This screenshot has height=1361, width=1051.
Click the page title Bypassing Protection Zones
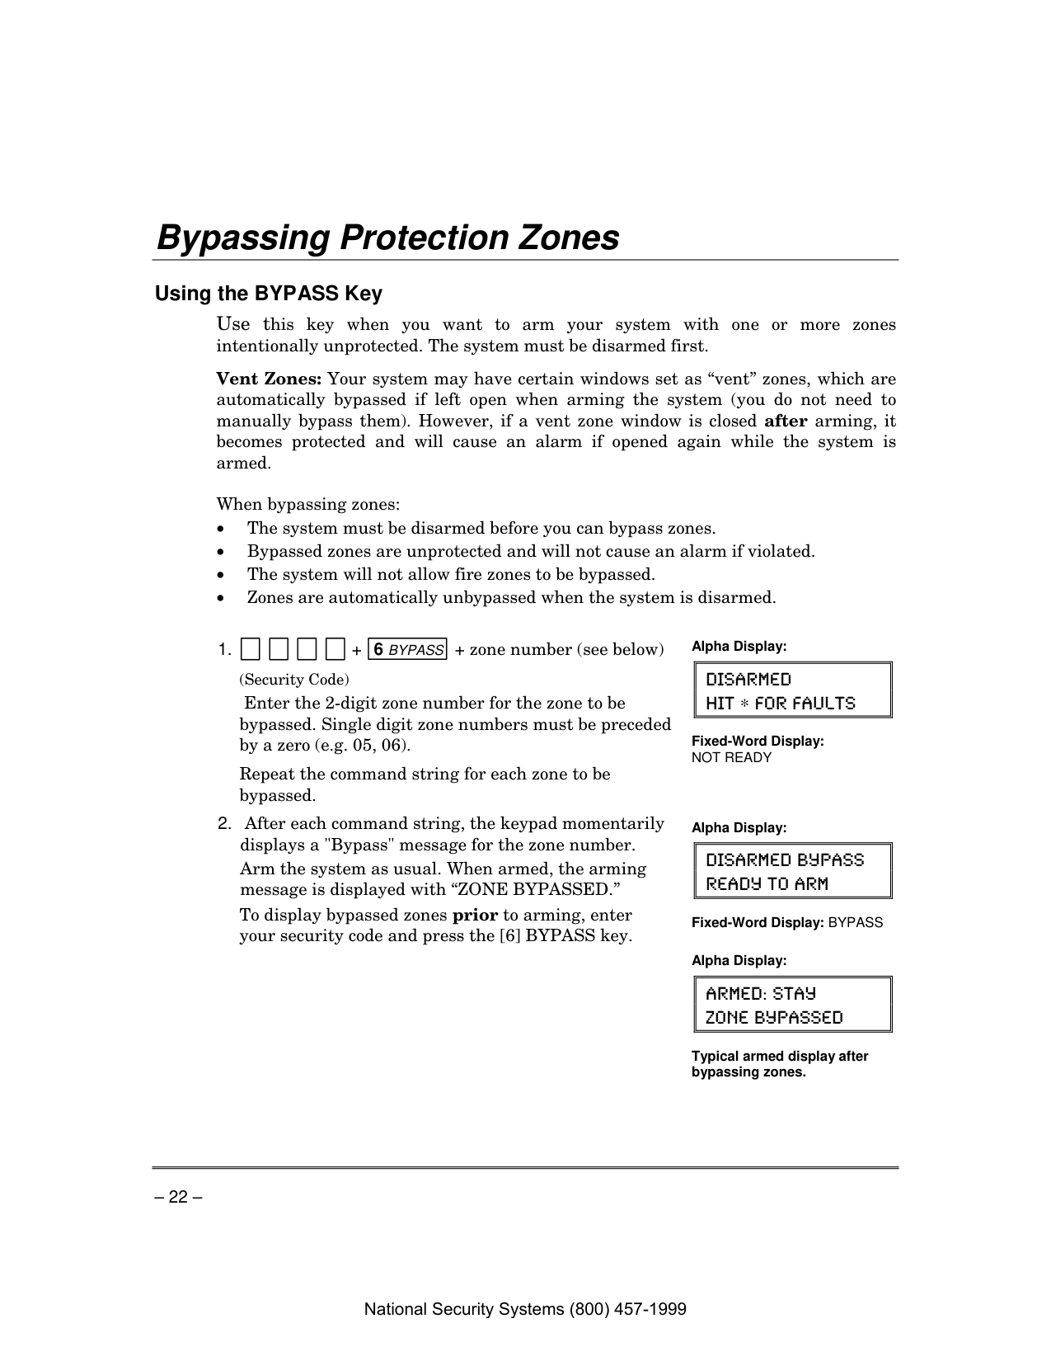tap(387, 238)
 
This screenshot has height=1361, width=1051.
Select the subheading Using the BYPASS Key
tap(269, 294)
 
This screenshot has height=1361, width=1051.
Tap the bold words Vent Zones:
tap(269, 379)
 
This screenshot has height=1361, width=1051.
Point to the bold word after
tap(786, 421)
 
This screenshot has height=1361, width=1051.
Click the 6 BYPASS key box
tap(407, 649)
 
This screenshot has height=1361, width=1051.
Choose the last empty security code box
tap(335, 649)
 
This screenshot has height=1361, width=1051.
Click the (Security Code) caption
tap(294, 680)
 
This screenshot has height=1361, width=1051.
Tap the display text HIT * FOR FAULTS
tap(781, 704)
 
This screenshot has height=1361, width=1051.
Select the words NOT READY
tap(731, 758)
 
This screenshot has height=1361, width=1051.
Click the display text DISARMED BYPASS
tap(785, 860)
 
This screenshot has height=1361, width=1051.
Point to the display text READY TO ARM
tap(767, 884)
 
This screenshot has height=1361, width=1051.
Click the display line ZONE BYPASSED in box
tap(774, 1018)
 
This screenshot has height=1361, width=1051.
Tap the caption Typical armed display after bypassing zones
tap(779, 1064)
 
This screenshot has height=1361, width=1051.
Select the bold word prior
tap(475, 916)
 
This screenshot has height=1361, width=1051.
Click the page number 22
tap(178, 1198)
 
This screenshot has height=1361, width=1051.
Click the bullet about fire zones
tap(451, 574)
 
